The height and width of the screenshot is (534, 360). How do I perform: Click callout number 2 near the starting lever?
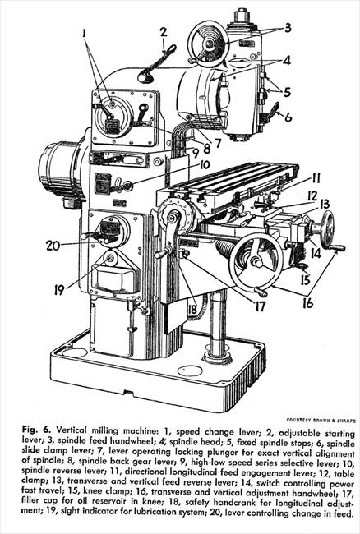[164, 33]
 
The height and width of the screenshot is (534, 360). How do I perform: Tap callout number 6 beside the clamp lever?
[288, 117]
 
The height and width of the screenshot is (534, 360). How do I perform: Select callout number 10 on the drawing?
[205, 166]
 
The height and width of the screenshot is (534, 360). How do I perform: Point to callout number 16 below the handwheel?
[307, 303]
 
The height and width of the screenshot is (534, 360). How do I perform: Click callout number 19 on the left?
[59, 290]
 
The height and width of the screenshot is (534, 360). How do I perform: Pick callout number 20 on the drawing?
[53, 246]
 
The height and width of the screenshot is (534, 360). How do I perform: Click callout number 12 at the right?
[312, 196]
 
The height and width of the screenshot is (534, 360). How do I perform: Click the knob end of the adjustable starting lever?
[145, 77]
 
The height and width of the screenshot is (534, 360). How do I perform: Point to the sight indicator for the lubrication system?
[109, 259]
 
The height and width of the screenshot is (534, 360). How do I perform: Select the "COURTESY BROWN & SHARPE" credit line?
[321, 421]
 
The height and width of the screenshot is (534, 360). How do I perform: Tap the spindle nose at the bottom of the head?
[241, 136]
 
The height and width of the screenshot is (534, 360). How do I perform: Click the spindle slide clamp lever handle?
[273, 112]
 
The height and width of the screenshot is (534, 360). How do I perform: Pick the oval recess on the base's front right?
[190, 371]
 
